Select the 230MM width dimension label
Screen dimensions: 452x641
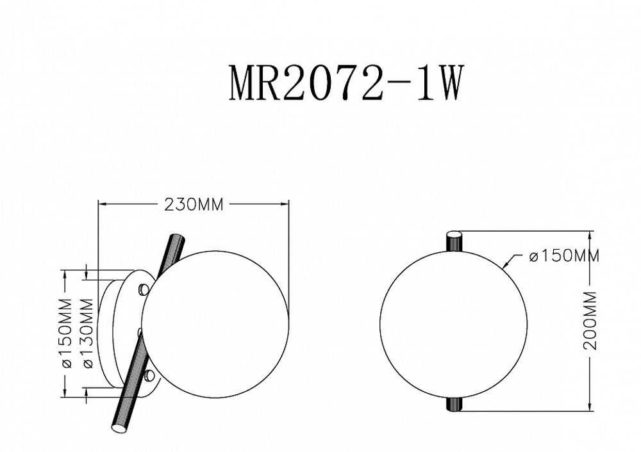(194, 206)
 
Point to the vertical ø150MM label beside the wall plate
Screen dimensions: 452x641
(65, 332)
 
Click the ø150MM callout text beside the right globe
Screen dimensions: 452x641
(563, 257)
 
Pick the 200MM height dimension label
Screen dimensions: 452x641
(590, 319)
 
